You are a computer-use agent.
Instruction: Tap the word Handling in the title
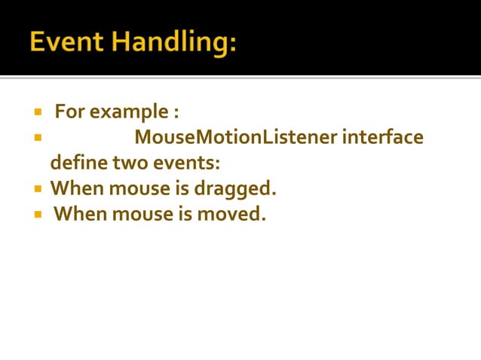[173, 43]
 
